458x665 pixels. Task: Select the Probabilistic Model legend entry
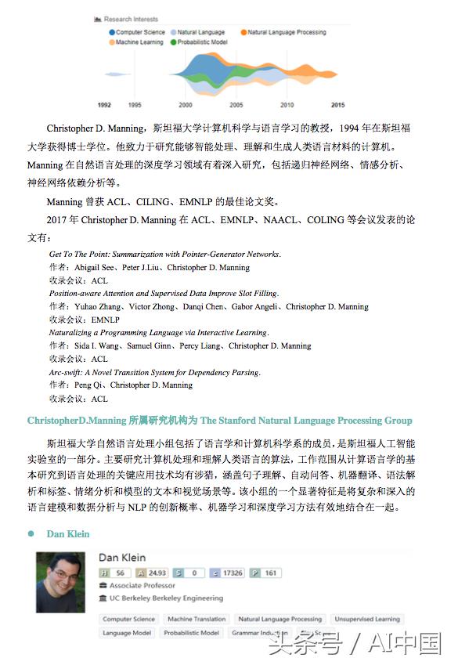click(202, 42)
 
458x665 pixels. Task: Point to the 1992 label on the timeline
click(104, 105)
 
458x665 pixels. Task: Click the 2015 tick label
click(337, 105)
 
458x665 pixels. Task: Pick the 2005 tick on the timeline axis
click(236, 105)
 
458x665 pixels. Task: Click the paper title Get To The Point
click(164, 255)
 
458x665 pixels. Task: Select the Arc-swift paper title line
click(154, 372)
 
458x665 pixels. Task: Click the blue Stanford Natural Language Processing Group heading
click(219, 421)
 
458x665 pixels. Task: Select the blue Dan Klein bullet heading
click(68, 534)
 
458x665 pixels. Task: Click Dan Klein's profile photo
click(60, 582)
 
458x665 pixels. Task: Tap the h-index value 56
click(120, 573)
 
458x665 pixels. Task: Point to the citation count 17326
click(233, 573)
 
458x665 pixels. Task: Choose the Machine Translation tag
click(197, 619)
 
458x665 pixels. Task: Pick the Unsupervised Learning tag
click(366, 619)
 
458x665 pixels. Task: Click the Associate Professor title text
click(142, 585)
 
